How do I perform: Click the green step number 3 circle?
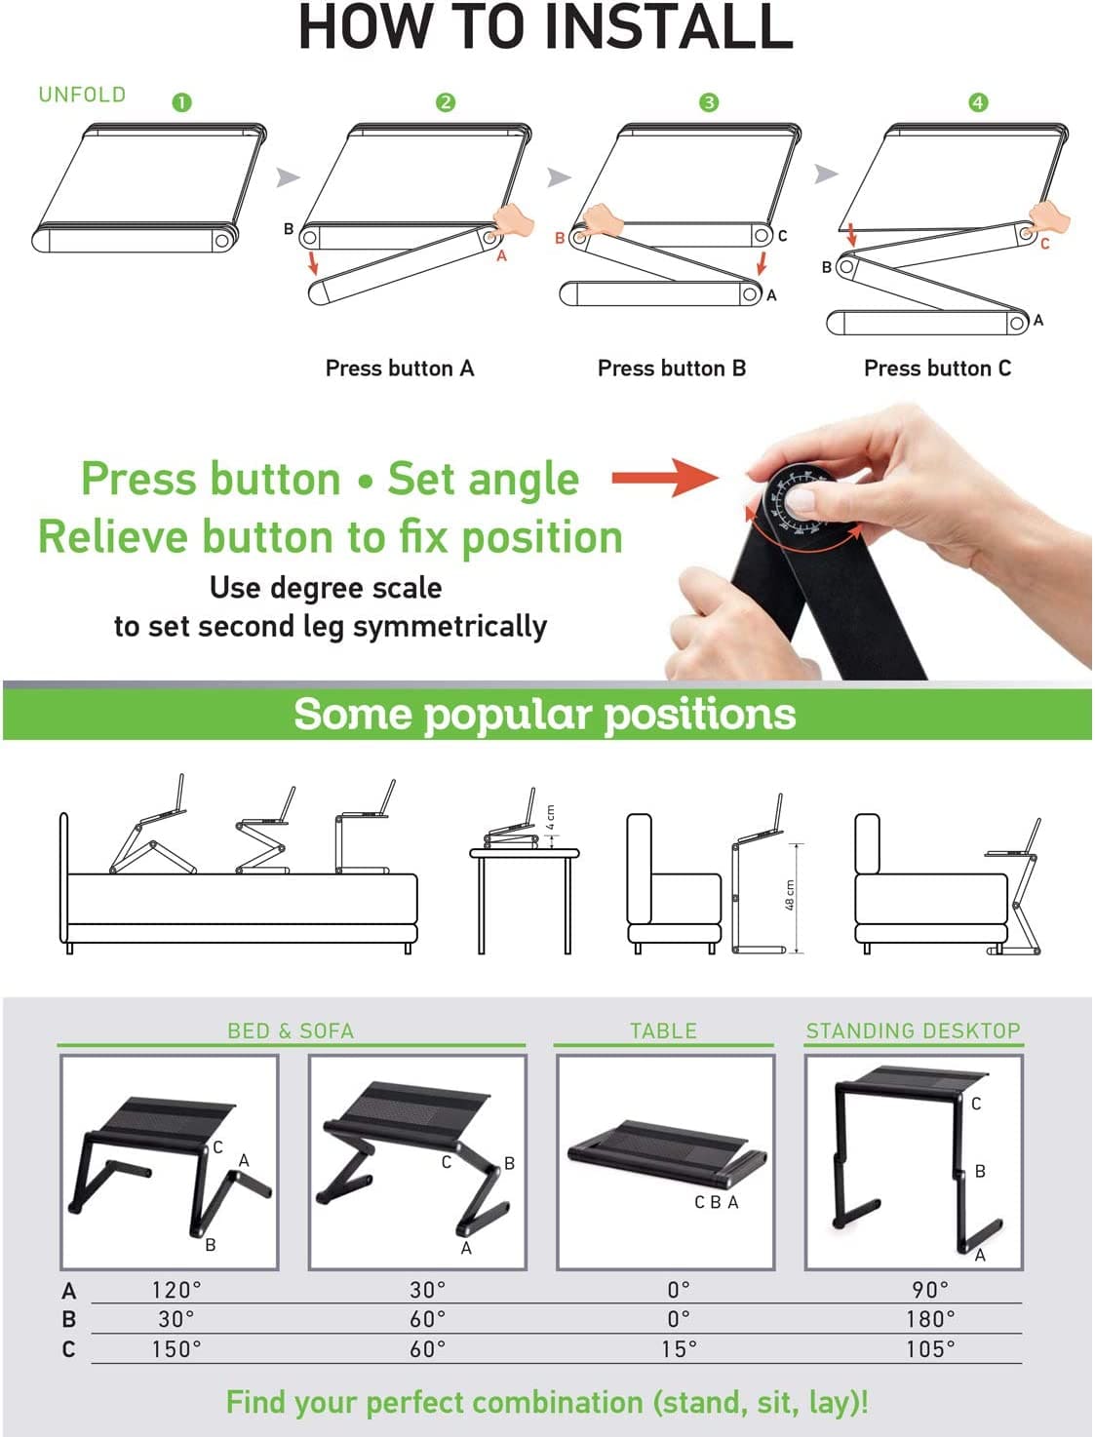tap(709, 102)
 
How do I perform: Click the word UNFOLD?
tap(82, 95)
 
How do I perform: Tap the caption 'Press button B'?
tap(671, 369)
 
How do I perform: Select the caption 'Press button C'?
tap(937, 369)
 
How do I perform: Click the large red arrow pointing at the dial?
tap(663, 478)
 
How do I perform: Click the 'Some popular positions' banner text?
tap(544, 714)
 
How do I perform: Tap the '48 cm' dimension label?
tap(790, 896)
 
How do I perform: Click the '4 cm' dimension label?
tap(551, 817)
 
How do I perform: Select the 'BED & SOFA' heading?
tap(291, 1030)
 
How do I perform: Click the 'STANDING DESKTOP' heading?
tap(913, 1030)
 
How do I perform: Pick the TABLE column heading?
tap(663, 1030)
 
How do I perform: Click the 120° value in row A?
tap(176, 1290)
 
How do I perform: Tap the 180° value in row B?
tap(930, 1319)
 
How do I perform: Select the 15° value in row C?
tap(679, 1349)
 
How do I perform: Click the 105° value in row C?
tap(930, 1349)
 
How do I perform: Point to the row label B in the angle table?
tap(68, 1319)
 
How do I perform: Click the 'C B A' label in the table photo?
tap(716, 1203)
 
